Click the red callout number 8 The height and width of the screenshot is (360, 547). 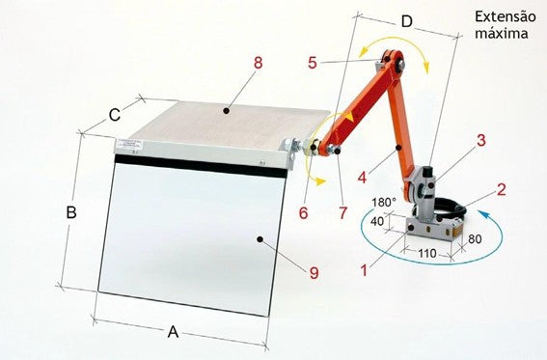259,63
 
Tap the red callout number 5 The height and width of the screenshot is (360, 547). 313,63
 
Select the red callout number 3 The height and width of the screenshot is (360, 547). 481,140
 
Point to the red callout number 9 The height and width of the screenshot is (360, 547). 314,273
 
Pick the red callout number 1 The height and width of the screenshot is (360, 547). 364,270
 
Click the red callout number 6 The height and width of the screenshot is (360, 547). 304,212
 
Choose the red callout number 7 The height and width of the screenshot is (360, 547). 342,212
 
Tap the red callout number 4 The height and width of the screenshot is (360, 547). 362,178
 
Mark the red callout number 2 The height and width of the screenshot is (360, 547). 501,189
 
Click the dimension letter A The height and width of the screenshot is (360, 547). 173,332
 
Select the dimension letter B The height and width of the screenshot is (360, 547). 71,212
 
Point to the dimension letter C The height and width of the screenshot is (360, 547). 115,115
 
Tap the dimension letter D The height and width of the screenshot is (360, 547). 406,21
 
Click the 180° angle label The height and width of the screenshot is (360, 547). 384,203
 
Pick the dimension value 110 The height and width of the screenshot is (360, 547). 427,253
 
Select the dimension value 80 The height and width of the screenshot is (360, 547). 475,239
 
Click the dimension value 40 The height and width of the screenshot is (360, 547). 377,221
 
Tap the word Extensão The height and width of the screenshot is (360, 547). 506,16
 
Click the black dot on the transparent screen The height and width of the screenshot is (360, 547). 260,239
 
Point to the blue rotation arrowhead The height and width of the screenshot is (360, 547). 484,214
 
